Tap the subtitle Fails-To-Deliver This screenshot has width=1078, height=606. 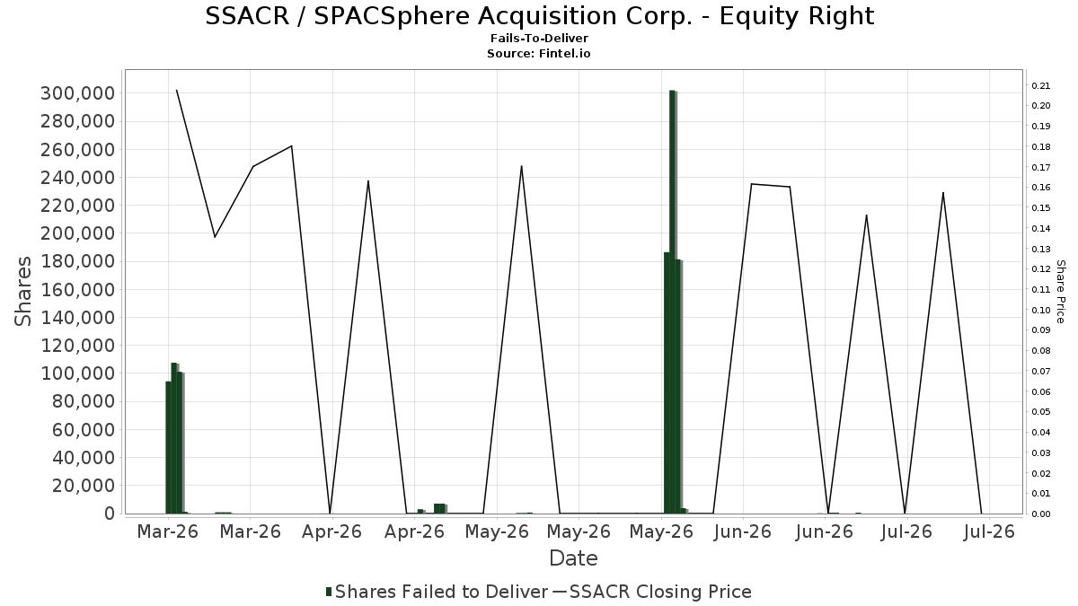pyautogui.click(x=539, y=38)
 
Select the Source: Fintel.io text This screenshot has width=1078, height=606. pyautogui.click(x=538, y=53)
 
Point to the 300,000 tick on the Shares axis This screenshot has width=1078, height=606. pyautogui.click(x=78, y=93)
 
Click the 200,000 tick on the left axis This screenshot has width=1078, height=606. pyautogui.click(x=78, y=233)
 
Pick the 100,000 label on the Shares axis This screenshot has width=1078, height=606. pyautogui.click(x=78, y=373)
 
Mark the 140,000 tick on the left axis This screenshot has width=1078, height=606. pyautogui.click(x=78, y=318)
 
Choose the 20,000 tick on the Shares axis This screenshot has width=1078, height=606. pyautogui.click(x=84, y=486)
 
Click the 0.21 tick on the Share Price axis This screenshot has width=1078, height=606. pyautogui.click(x=1041, y=85)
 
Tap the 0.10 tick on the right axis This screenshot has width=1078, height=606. pyautogui.click(x=1041, y=310)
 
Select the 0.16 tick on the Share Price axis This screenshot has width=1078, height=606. pyautogui.click(x=1041, y=188)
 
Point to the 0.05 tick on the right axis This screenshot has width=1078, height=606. pyautogui.click(x=1041, y=412)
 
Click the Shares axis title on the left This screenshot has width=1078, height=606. pyautogui.click(x=22, y=292)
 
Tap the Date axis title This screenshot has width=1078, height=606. pyautogui.click(x=573, y=558)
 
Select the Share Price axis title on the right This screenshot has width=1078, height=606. pyautogui.click(x=1060, y=292)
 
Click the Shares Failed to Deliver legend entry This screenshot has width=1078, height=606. pyautogui.click(x=437, y=592)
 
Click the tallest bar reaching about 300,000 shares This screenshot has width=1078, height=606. pyautogui.click(x=673, y=302)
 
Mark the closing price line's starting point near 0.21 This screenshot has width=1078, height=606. pyautogui.click(x=176, y=90)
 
